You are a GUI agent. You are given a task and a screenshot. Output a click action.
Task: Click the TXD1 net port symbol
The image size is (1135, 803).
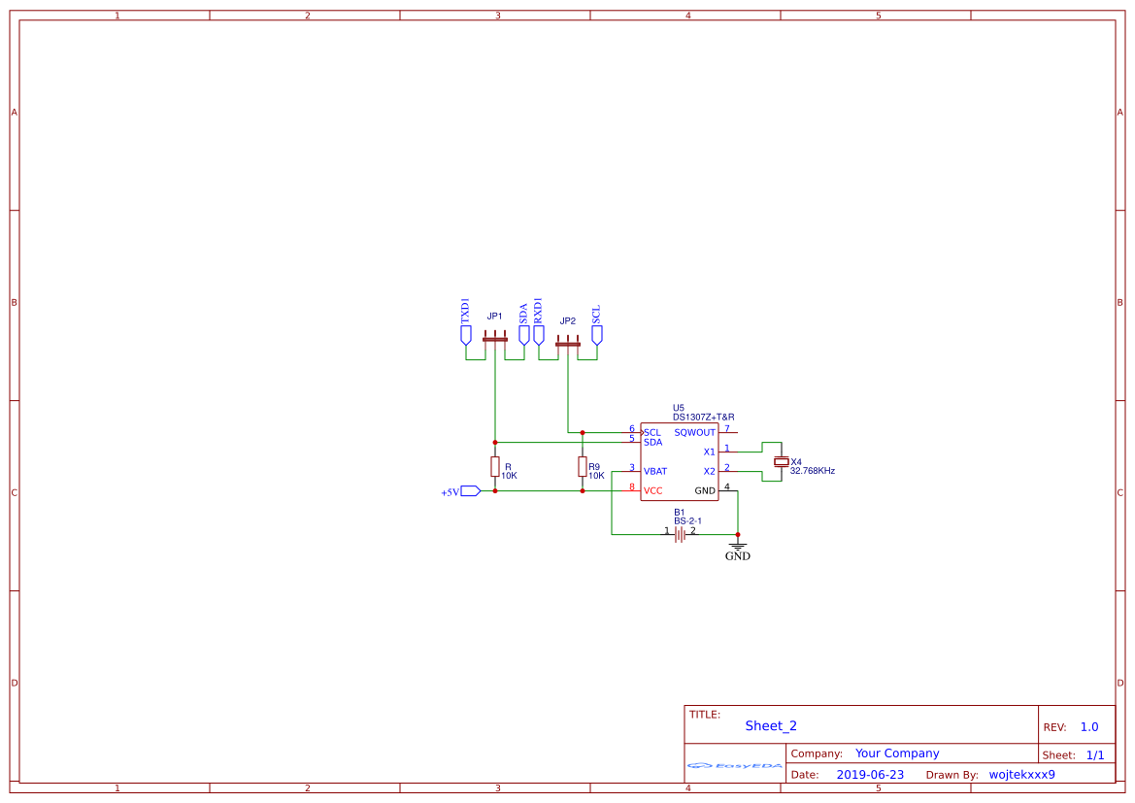tap(466, 334)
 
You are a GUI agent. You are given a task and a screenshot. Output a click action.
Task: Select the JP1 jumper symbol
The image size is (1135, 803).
tap(495, 339)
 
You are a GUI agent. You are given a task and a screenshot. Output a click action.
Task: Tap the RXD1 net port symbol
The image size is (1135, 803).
tap(539, 334)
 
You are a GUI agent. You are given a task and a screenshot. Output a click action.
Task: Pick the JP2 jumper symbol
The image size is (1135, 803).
tap(568, 343)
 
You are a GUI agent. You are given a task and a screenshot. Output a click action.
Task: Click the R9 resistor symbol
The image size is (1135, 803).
tap(583, 466)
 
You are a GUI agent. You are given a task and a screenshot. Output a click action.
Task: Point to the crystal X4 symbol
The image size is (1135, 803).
tap(781, 462)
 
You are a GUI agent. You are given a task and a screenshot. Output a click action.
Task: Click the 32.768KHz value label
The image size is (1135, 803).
tap(813, 471)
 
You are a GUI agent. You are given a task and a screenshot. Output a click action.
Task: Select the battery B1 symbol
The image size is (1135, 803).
tap(680, 534)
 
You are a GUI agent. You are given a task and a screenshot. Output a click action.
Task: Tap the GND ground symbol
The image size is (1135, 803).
tap(738, 548)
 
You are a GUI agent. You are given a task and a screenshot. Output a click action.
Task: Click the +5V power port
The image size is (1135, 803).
tap(471, 491)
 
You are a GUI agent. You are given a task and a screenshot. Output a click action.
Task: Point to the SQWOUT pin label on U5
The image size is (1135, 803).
tap(694, 433)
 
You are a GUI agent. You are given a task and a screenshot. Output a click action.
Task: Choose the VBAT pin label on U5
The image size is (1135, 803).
tap(655, 472)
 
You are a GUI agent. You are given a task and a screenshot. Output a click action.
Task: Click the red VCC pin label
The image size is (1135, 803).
tap(653, 491)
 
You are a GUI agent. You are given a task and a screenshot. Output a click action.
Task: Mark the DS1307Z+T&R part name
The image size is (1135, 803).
tap(703, 418)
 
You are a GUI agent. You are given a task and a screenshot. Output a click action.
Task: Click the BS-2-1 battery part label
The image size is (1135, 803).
tap(687, 521)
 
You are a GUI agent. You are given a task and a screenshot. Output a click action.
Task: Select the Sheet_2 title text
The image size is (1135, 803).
tap(771, 725)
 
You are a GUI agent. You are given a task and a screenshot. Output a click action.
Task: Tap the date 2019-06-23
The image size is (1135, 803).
tap(870, 775)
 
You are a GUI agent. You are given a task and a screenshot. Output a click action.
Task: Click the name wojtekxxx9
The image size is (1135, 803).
tap(1021, 775)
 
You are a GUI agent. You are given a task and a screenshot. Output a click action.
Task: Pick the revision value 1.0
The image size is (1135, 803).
tap(1089, 727)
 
